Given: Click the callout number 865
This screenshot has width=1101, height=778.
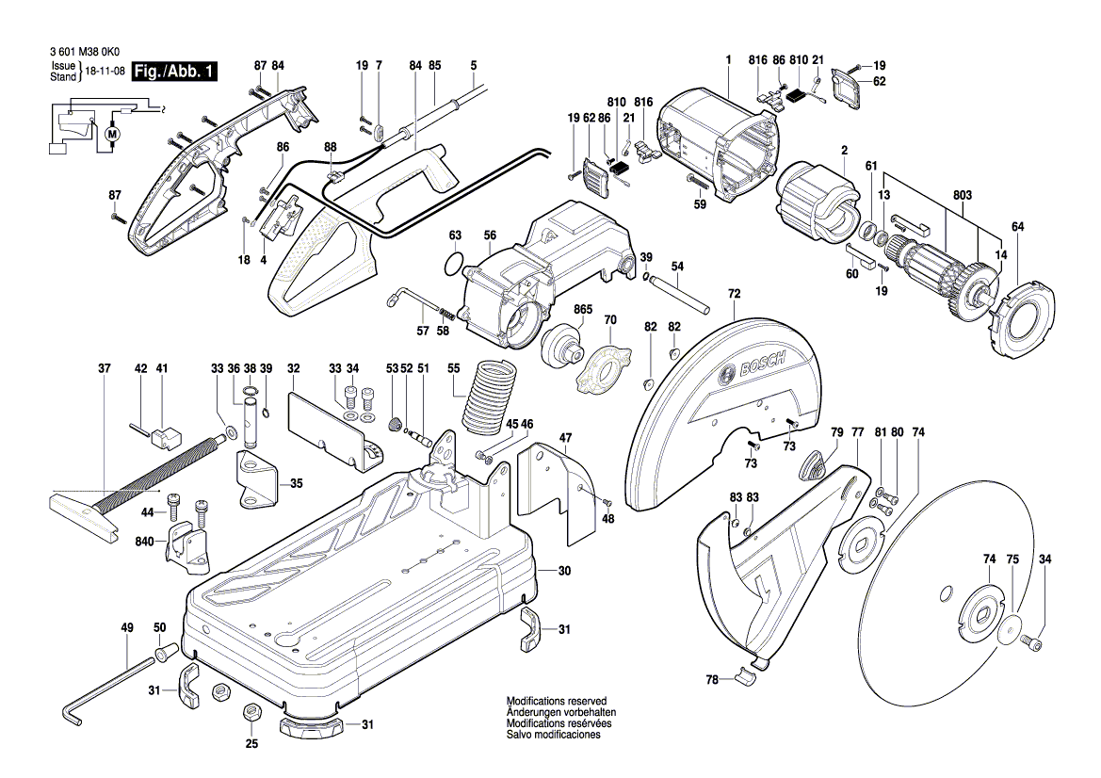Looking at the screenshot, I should (x=582, y=309).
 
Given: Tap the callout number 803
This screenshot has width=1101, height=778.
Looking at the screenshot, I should (x=962, y=196).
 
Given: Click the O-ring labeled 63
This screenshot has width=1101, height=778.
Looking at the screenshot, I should (x=454, y=264).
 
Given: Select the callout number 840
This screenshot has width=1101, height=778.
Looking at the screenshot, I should (x=144, y=543).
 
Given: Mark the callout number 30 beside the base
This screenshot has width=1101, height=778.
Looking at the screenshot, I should (x=564, y=571).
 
